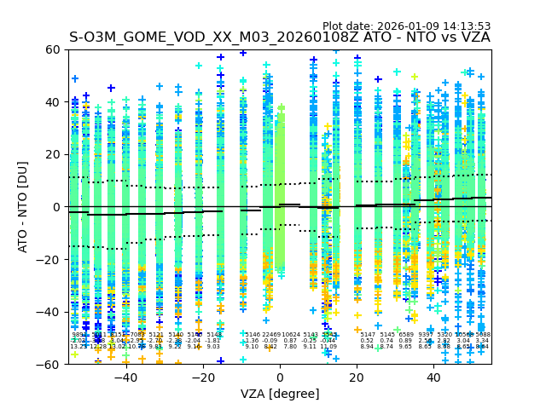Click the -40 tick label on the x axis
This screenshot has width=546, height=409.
pyautogui.click(x=125, y=377)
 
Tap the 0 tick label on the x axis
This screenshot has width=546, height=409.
pyautogui.click(x=280, y=377)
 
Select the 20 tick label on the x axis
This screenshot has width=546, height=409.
pyautogui.click(x=357, y=377)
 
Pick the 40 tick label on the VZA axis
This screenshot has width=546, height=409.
pyautogui.click(x=434, y=377)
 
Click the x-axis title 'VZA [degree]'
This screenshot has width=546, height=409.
pyautogui.click(x=280, y=394)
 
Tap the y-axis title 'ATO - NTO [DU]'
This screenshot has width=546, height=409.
pyautogui.click(x=24, y=207)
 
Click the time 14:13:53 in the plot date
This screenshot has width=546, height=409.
pyautogui.click(x=466, y=26)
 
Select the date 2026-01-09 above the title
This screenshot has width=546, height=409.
pyautogui.click(x=409, y=26)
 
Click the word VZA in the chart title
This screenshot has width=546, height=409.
pyautogui.click(x=473, y=37)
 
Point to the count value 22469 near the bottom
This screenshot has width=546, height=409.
pyautogui.click(x=270, y=335)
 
